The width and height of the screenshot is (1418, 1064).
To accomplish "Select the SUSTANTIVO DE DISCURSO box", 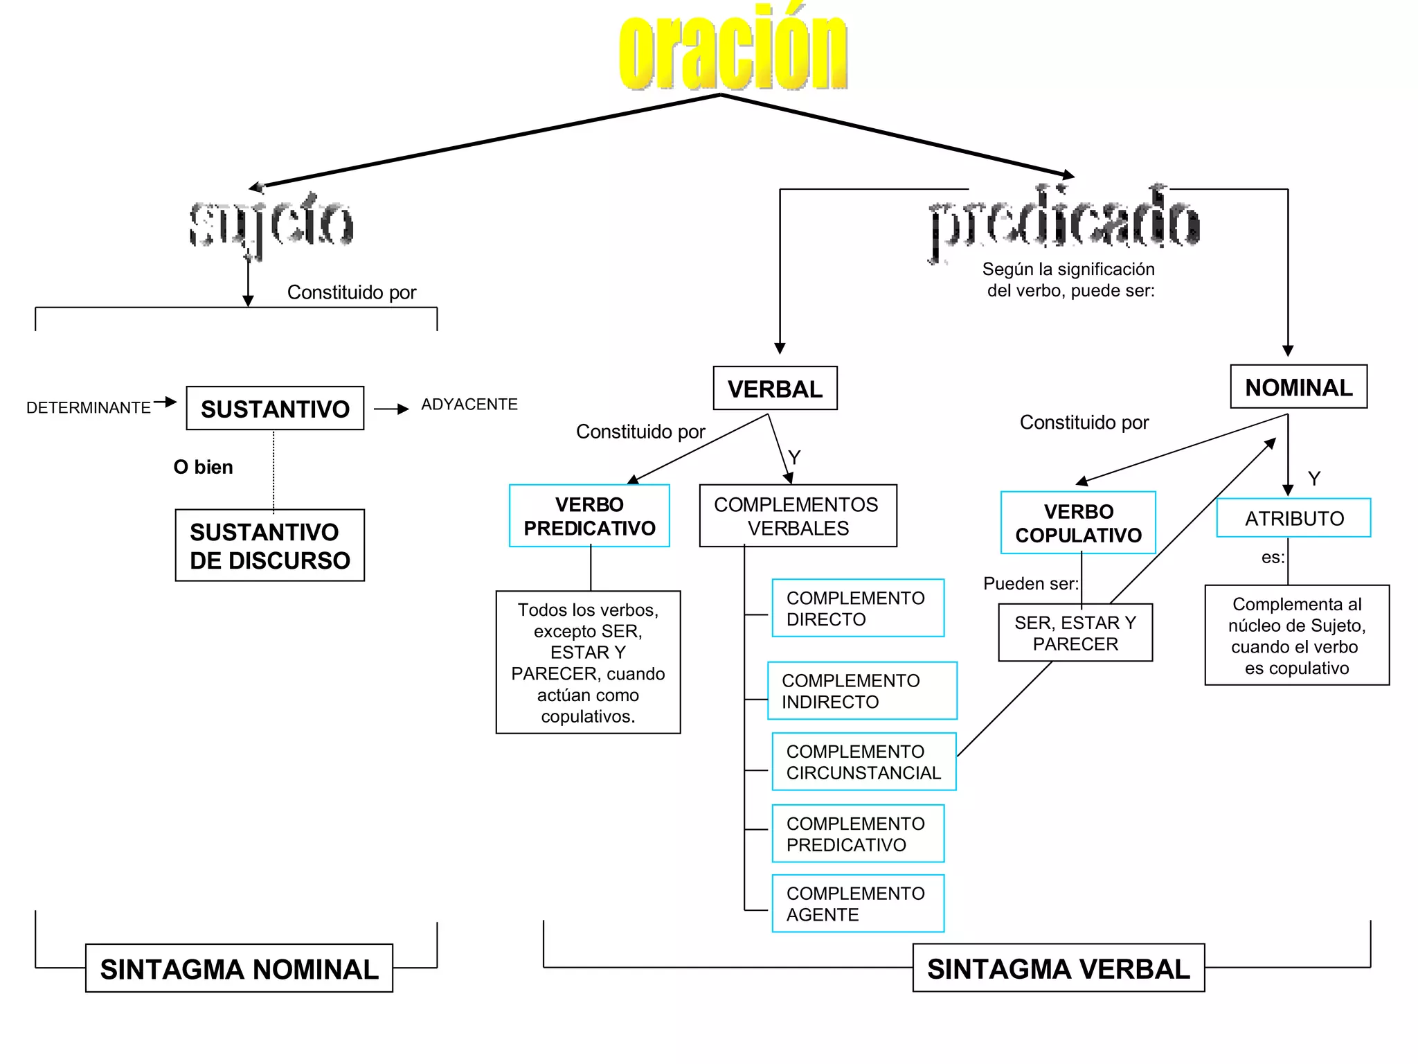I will pyautogui.click(x=270, y=546).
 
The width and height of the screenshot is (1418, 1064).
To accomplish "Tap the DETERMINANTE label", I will pyautogui.click(x=89, y=408).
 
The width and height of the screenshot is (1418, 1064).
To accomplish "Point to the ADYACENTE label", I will pyautogui.click(x=469, y=405).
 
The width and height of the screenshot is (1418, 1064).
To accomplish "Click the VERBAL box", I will pyautogui.click(x=775, y=389).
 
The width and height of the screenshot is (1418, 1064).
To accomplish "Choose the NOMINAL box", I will pyautogui.click(x=1298, y=387).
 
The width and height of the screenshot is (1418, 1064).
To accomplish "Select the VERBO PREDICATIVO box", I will pyautogui.click(x=589, y=516).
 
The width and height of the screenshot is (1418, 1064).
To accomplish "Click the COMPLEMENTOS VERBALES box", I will pyautogui.click(x=798, y=516).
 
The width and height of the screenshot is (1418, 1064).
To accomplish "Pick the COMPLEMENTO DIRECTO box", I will pyautogui.click(x=858, y=608).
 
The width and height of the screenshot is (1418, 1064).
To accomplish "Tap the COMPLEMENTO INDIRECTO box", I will pyautogui.click(x=862, y=691).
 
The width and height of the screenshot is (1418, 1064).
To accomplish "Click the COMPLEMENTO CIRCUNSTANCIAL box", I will pyautogui.click(x=863, y=762).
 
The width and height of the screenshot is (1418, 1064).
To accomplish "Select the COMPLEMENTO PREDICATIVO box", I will pyautogui.click(x=858, y=834).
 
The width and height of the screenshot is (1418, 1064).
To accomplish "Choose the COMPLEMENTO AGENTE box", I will pyautogui.click(x=858, y=904).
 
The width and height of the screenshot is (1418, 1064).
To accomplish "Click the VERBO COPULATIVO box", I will pyautogui.click(x=1078, y=523).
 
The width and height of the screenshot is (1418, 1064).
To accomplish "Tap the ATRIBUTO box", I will pyautogui.click(x=1293, y=518).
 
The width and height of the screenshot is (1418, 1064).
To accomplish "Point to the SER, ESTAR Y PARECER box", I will pyautogui.click(x=1075, y=633).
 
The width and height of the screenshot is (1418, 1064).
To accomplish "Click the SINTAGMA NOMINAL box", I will pyautogui.click(x=239, y=968).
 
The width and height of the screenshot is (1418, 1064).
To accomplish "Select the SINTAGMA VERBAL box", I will pyautogui.click(x=1058, y=968).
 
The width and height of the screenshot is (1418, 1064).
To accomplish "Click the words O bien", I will pyautogui.click(x=203, y=468).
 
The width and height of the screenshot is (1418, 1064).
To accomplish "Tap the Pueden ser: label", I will pyautogui.click(x=1030, y=584).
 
